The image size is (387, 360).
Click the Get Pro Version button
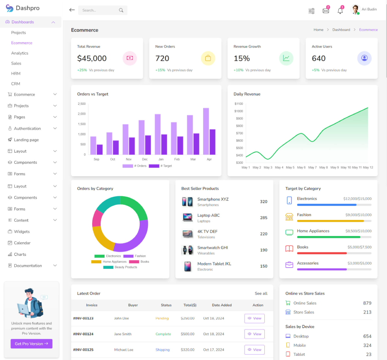click(x=31, y=344)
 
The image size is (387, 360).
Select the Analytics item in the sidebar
click(x=20, y=53)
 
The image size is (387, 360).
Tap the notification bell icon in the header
click(x=340, y=11)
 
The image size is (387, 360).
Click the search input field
click(x=99, y=10)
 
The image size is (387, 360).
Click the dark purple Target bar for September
click(x=99, y=149)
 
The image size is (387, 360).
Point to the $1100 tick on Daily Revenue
click(x=239, y=104)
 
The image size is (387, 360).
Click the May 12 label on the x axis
click(x=368, y=168)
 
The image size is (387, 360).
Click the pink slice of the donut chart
click(x=97, y=219)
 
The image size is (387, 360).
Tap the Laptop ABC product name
click(x=208, y=215)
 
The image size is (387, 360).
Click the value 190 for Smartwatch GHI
click(x=264, y=250)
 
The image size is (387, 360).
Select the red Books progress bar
click(x=322, y=253)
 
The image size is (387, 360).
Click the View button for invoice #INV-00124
click(x=254, y=334)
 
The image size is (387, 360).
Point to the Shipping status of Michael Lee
click(x=163, y=350)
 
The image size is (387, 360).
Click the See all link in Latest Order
click(x=261, y=293)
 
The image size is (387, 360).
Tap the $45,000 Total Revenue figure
click(x=92, y=58)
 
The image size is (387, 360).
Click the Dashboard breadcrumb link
click(x=341, y=30)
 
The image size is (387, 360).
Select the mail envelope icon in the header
click(x=326, y=11)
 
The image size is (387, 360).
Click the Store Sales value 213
click(x=367, y=312)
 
